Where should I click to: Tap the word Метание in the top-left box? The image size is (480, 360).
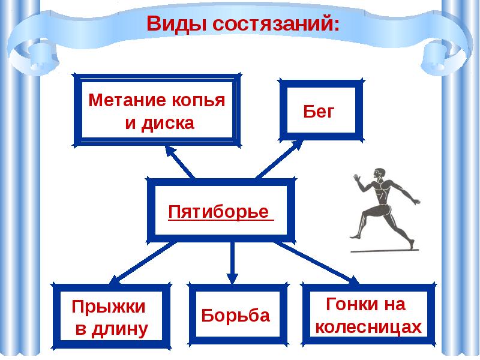point(121,100)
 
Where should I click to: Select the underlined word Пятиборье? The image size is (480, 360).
point(218,212)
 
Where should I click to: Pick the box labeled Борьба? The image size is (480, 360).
point(235,316)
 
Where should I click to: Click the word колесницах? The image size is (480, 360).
point(368,327)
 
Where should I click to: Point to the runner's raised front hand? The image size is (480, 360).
point(356,178)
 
